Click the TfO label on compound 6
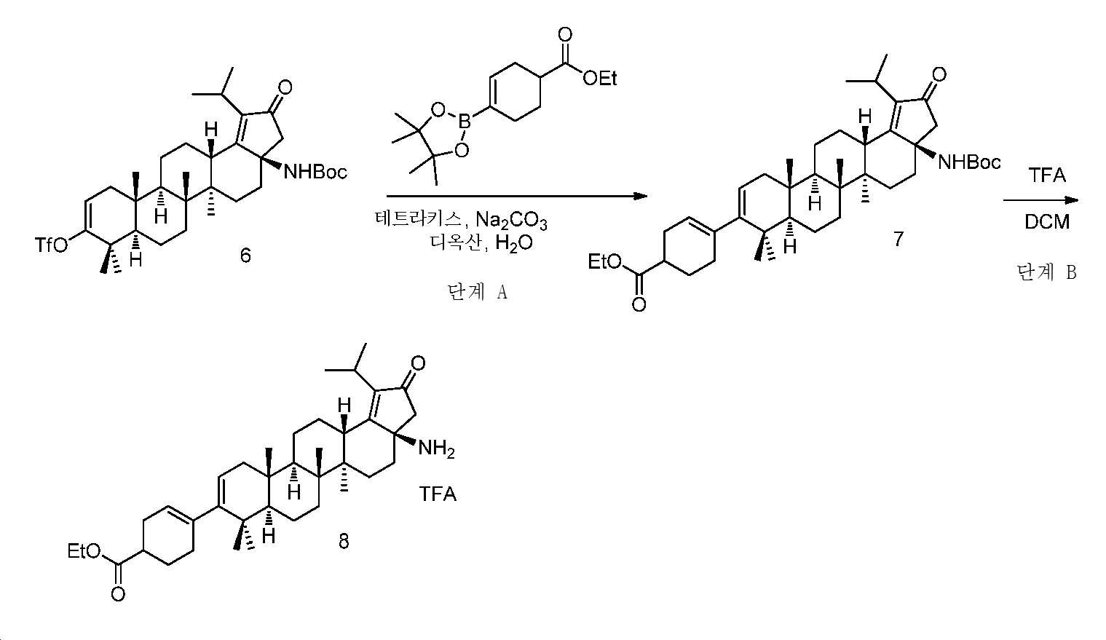coord(52,245)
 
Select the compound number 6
coord(245,256)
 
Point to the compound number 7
coord(898,239)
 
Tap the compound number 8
coord(343,541)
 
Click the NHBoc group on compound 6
coord(315,172)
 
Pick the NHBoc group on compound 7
coord(968,162)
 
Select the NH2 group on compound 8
coord(436,449)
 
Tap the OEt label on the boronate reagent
coord(599,78)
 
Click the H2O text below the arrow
coord(514,243)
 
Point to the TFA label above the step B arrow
coord(1047,175)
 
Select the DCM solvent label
coord(1047,222)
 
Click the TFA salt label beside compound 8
coord(438,494)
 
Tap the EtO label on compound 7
coord(605,261)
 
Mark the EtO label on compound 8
coord(84,552)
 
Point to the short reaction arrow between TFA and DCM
coord(1040,200)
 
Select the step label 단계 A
coord(477,293)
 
